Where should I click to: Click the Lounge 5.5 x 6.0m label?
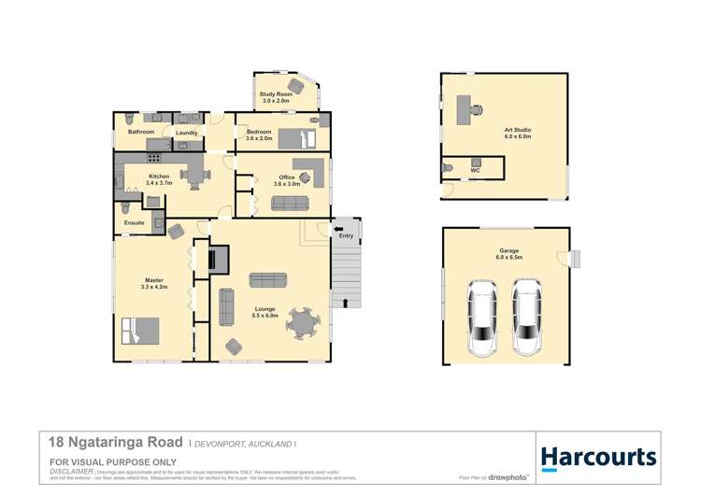pyautogui.click(x=266, y=313)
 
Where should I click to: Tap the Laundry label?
pyautogui.click(x=186, y=134)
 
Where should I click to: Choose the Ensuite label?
pyautogui.click(x=134, y=223)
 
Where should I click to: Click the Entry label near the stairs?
pyautogui.click(x=346, y=235)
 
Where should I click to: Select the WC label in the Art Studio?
pyautogui.click(x=476, y=171)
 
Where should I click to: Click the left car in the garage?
pyautogui.click(x=484, y=318)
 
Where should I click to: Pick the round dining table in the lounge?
pyautogui.click(x=303, y=325)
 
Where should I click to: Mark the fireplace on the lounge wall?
pyautogui.click(x=217, y=258)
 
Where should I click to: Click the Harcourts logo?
pyautogui.click(x=598, y=458)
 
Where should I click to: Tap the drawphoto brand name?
pyautogui.click(x=512, y=477)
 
